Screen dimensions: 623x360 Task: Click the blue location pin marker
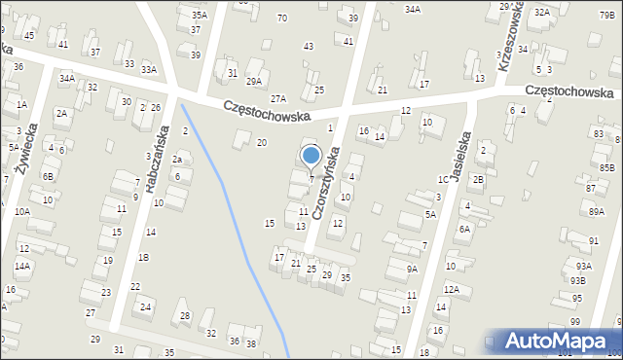click(311, 156)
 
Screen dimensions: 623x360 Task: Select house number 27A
click(278, 99)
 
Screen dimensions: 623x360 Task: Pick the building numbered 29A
click(254, 82)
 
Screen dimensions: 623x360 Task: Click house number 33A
click(148, 69)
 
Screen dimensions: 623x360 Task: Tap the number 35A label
click(199, 16)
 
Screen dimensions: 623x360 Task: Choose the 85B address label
click(606, 167)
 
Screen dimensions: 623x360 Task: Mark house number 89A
click(596, 211)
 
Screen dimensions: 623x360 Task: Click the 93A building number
click(582, 265)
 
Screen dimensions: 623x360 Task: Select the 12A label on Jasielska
click(451, 288)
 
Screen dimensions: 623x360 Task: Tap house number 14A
click(21, 265)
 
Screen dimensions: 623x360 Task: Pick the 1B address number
click(143, 257)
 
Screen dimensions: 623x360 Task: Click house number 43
click(309, 47)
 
